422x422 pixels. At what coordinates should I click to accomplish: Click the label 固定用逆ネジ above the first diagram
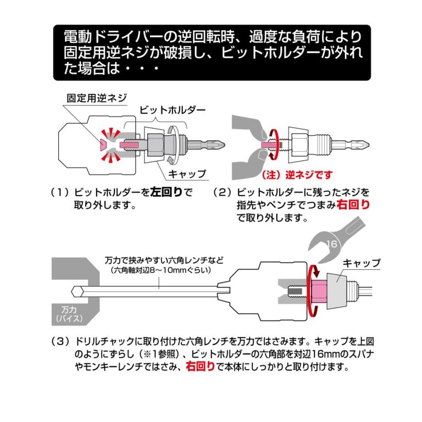click(96, 98)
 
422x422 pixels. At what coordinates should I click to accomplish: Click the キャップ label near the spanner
click(362, 263)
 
